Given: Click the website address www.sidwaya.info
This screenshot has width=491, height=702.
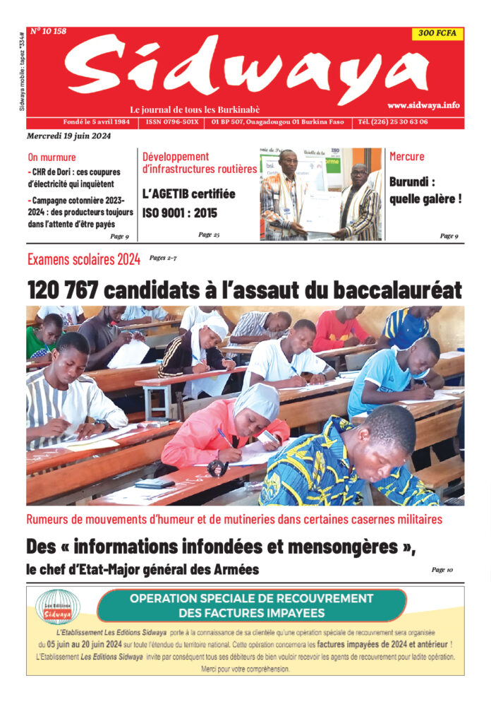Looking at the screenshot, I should pos(423,105).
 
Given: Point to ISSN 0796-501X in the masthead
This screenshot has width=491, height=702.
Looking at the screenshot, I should pos(172,122).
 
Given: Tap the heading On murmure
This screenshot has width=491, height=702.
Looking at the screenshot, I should pos(51,157).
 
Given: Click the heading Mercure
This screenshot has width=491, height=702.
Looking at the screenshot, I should pos(407,156).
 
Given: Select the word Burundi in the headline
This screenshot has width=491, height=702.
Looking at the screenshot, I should pos(413,181).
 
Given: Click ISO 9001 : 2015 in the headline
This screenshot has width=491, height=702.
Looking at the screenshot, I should pos(179,213).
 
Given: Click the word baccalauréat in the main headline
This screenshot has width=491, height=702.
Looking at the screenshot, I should pos(395,290).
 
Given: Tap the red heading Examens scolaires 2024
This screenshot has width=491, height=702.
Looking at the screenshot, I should pos(83,260).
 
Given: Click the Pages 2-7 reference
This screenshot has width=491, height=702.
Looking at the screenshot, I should pos(163,258).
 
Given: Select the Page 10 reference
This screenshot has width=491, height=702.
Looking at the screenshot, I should pos(442,569).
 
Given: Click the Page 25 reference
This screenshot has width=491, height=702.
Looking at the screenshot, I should pos(209,234).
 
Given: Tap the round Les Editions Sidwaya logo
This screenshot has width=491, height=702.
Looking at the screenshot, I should pos(58,607).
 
